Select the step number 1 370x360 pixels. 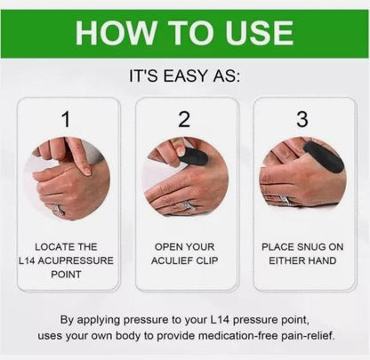click(x=65, y=119)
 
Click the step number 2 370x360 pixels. click(x=184, y=119)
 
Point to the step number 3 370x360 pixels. click(x=303, y=119)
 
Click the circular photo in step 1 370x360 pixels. click(x=66, y=178)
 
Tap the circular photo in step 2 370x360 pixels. click(x=185, y=178)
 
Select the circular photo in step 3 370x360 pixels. click(x=303, y=178)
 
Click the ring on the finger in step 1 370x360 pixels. click(x=60, y=211)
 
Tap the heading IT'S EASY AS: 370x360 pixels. click(x=185, y=76)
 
